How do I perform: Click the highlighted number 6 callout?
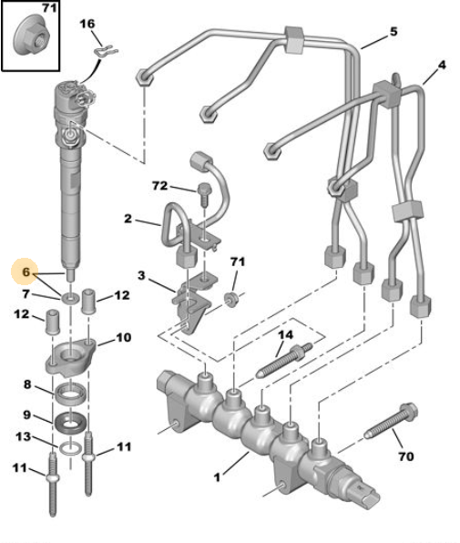pos(26,271)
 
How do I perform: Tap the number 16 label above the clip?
pos(87,24)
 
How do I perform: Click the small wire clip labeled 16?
pos(106,52)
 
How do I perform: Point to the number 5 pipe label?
pos(394,32)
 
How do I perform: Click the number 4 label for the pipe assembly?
pos(442,65)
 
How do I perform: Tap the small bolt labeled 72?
pos(203,195)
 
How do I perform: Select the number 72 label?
pos(160,186)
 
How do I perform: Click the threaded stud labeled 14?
pos(284,360)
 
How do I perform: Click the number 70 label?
pos(406,456)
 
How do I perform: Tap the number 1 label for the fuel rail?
pos(217,477)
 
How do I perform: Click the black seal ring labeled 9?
pos(70,423)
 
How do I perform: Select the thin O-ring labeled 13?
pos(71,448)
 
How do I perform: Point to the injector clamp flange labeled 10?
pos(70,357)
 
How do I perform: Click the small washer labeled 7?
pos(70,297)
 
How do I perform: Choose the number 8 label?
pos(27,384)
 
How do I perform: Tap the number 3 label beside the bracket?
pos(141,276)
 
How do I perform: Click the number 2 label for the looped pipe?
pos(128,219)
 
